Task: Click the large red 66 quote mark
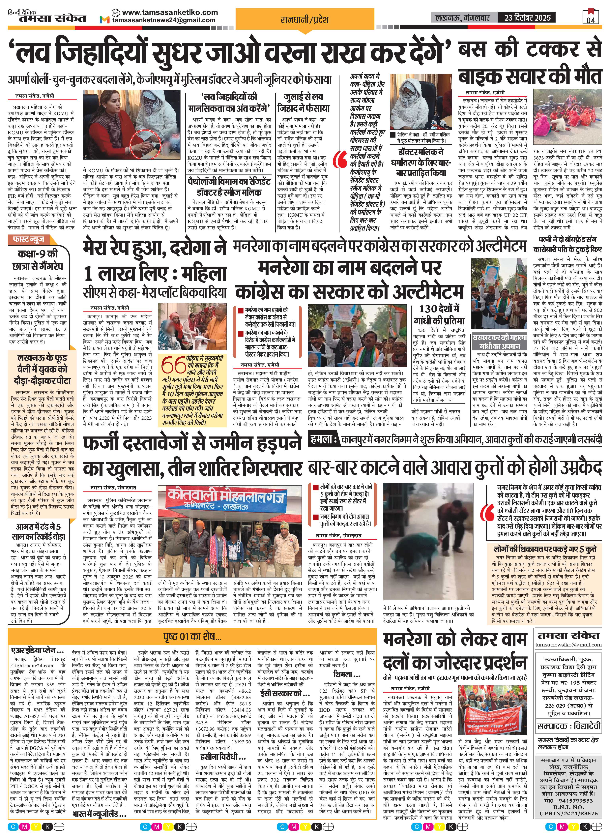[174, 366]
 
